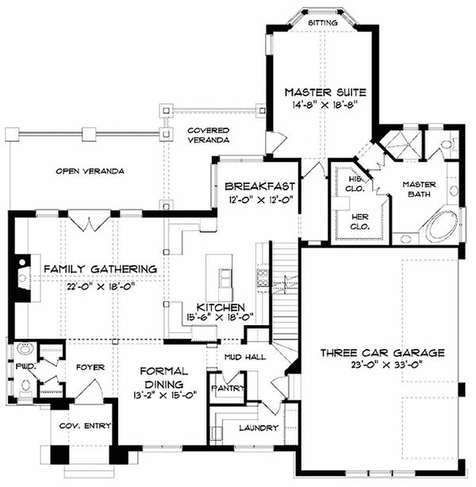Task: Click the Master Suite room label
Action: click(x=325, y=93)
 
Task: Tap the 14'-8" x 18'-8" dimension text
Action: click(x=325, y=105)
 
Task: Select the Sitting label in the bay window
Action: click(x=323, y=23)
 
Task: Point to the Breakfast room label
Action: click(x=259, y=186)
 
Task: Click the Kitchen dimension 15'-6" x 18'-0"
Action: click(x=220, y=317)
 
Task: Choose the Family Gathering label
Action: click(x=100, y=269)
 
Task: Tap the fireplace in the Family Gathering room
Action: click(x=21, y=278)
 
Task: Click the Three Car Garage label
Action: click(x=382, y=353)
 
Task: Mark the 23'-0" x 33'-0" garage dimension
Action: click(x=383, y=365)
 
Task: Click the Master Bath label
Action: click(x=419, y=189)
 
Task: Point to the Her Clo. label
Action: click(x=360, y=221)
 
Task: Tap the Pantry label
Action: click(x=228, y=388)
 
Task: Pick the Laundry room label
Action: click(x=259, y=428)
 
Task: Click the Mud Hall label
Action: click(x=245, y=357)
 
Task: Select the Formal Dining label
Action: click(x=163, y=378)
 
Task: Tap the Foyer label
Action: click(x=90, y=367)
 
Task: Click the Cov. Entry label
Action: click(x=85, y=425)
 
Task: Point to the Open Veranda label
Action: click(x=90, y=171)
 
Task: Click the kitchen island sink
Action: click(x=225, y=279)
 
